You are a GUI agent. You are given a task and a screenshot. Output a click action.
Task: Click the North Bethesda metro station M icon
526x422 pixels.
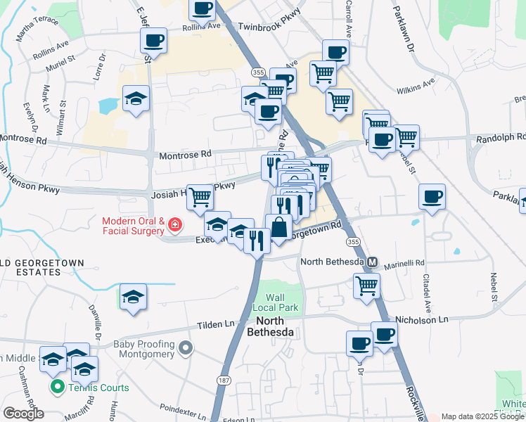click(x=372, y=262)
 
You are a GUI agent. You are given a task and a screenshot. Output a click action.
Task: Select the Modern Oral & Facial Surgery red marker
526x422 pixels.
click(x=174, y=226)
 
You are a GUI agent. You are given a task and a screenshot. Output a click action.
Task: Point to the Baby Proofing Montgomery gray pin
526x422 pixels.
click(x=186, y=348)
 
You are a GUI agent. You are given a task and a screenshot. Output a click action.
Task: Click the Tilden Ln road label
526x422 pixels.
click(x=219, y=324)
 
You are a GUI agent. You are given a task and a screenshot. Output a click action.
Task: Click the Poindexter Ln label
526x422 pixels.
click(x=183, y=408)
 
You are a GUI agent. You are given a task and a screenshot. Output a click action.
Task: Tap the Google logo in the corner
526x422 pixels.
click(x=24, y=413)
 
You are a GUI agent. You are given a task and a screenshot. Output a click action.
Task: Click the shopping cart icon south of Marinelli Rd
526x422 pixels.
click(x=366, y=286)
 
